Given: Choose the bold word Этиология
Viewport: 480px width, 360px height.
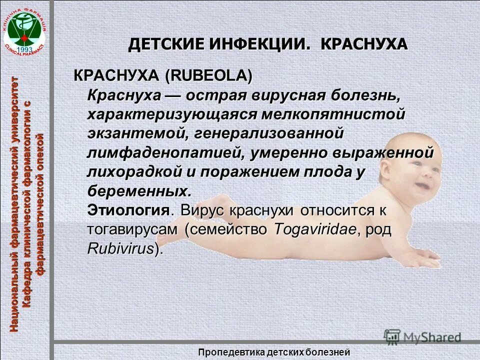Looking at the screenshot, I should pos(128,210).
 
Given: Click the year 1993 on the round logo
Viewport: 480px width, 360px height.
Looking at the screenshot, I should pos(24,49).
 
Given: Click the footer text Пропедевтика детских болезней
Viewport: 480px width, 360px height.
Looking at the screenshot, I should pos(273,352).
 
